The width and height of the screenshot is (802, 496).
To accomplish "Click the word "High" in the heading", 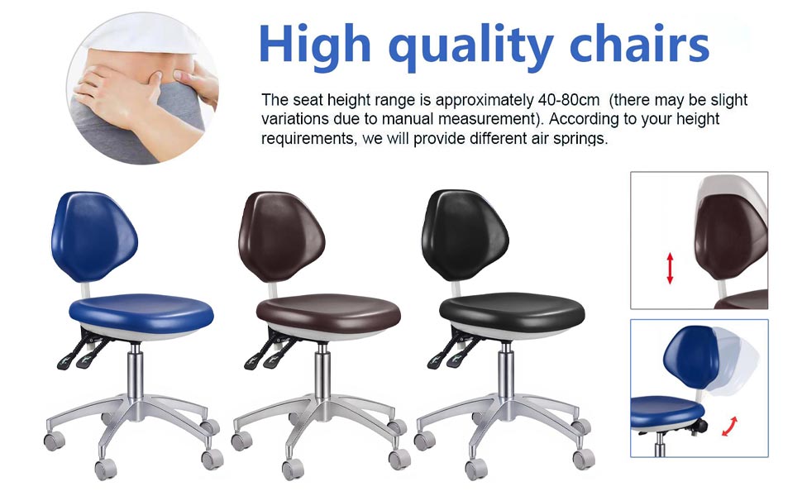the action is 314,44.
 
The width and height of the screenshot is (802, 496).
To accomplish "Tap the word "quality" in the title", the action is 470,48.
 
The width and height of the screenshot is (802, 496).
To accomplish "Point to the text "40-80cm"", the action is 568,100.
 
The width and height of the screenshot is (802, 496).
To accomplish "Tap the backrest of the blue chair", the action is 93,236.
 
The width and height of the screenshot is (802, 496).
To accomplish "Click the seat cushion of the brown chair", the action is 328,312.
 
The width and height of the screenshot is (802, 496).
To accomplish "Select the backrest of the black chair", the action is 465,235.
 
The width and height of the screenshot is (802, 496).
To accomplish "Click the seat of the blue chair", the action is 141,313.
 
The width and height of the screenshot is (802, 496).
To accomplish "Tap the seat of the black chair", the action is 512,312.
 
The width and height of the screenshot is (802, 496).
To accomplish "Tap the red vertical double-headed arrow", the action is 670,269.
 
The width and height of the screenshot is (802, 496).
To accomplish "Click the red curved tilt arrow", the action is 730,427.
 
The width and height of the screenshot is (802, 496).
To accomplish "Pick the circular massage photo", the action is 143,88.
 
